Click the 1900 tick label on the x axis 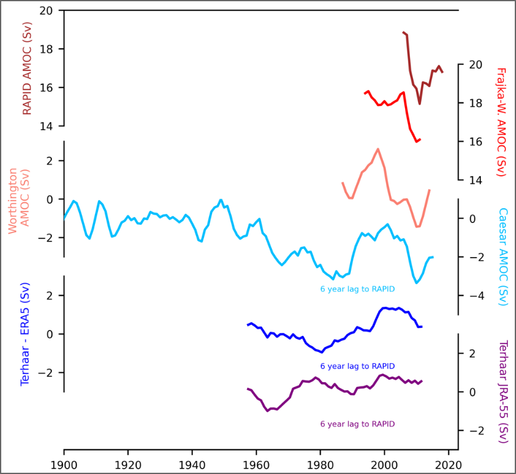(64, 462)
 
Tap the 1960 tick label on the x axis (256, 462)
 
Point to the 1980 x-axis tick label (321, 462)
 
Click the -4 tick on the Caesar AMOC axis (473, 296)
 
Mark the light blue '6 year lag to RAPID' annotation (358, 288)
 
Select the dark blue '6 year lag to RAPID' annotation (358, 366)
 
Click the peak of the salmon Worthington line (378, 149)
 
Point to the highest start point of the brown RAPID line (403, 32)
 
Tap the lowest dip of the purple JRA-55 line (268, 411)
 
